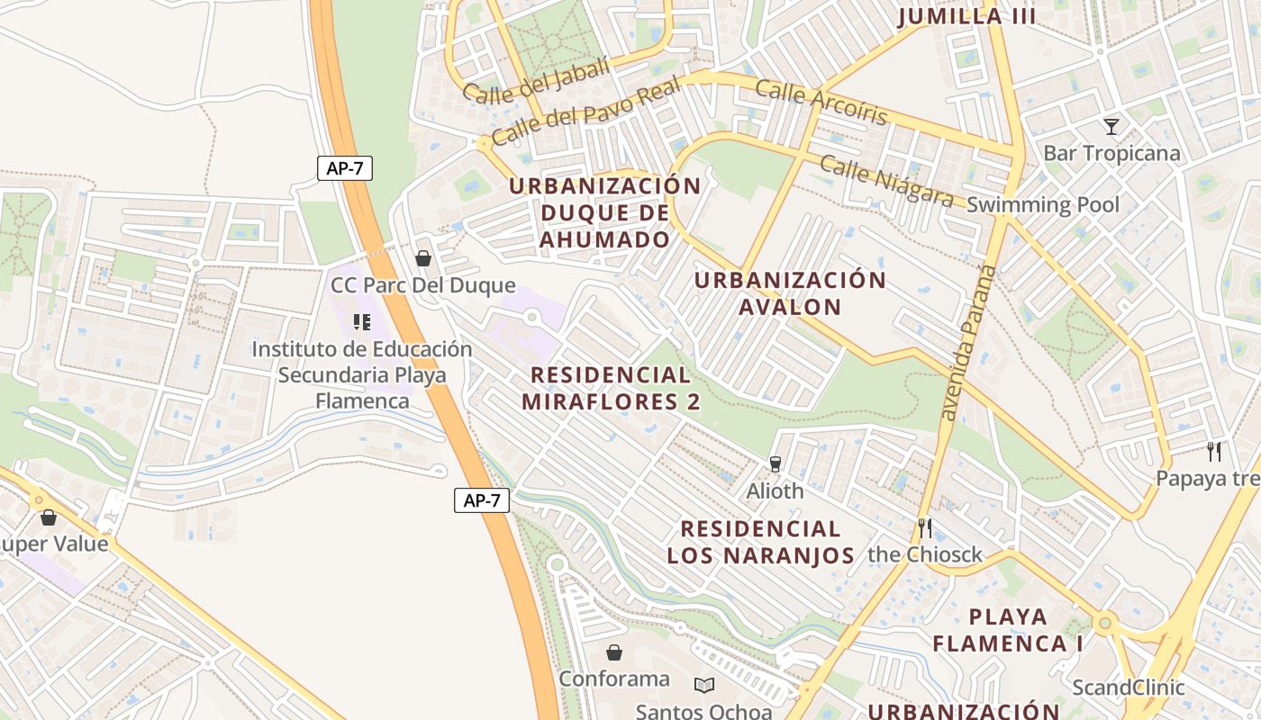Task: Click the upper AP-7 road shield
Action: (x=344, y=168)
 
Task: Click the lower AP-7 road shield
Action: (x=481, y=500)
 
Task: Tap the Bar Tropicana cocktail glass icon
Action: (x=1111, y=127)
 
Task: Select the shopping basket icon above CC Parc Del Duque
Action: (x=422, y=258)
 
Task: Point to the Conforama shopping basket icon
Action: (x=614, y=652)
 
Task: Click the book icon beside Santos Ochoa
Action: (x=704, y=685)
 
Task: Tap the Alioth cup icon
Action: (x=775, y=463)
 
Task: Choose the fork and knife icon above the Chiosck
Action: (x=924, y=526)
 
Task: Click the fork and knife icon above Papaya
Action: (x=1214, y=451)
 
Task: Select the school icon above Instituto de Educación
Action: (x=362, y=321)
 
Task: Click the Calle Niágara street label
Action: (x=886, y=181)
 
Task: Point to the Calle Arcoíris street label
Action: (x=821, y=102)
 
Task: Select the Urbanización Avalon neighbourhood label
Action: (x=790, y=292)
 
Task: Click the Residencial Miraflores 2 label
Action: (x=611, y=388)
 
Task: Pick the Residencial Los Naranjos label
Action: (x=760, y=542)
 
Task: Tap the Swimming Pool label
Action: (x=1043, y=205)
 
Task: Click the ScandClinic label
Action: (x=1128, y=688)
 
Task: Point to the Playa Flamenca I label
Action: (x=1007, y=630)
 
